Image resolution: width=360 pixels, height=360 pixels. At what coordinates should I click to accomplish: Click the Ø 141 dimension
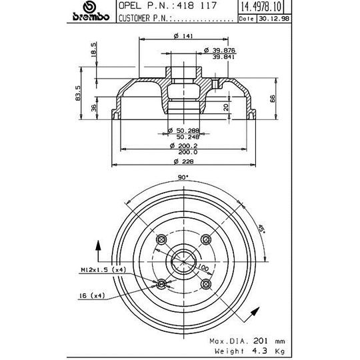click(x=181, y=37)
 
